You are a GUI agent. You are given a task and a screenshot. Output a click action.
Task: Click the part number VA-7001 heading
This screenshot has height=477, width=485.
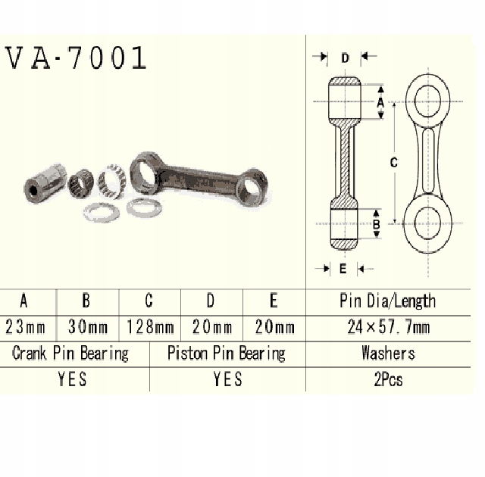[x=75, y=58]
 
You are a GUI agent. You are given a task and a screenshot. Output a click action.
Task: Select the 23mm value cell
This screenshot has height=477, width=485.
[x=24, y=328]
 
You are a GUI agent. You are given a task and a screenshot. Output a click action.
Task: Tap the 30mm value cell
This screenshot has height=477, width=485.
[x=86, y=328]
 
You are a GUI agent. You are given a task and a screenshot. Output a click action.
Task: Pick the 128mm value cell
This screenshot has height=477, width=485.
[x=149, y=328]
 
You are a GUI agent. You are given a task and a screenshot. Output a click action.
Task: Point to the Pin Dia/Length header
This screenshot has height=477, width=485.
[x=387, y=301]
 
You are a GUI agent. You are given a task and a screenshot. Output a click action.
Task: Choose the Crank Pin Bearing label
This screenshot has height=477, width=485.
[x=70, y=353]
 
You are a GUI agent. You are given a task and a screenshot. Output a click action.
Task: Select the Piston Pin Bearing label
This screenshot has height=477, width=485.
[x=226, y=353]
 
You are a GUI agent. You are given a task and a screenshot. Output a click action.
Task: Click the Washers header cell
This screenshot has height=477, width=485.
[x=387, y=353]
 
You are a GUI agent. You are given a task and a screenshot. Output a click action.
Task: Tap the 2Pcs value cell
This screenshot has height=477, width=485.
[x=387, y=379]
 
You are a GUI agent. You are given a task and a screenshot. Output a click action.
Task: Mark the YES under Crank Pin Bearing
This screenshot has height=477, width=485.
[x=72, y=379]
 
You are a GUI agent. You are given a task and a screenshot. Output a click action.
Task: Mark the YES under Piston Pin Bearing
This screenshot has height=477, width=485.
[x=227, y=379]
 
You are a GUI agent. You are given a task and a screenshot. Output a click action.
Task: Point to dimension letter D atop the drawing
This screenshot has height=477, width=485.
[x=345, y=58]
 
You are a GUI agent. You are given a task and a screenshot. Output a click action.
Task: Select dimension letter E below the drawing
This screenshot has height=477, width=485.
[x=343, y=268]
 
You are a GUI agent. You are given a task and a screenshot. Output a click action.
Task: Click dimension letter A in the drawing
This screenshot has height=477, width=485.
[x=380, y=99]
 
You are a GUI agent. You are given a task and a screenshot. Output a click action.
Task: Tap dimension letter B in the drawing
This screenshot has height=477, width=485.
[x=377, y=224]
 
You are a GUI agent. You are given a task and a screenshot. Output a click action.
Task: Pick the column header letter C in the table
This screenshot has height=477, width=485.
[x=149, y=301]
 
